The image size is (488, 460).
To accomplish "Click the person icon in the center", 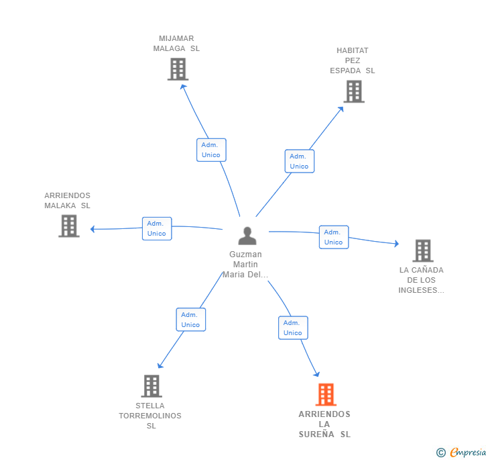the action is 247,236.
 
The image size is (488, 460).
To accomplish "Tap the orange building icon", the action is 326,394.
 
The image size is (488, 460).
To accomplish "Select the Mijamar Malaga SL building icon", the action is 178,69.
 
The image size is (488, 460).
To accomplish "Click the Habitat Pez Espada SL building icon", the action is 354,91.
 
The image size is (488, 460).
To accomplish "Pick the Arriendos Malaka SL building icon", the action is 69,226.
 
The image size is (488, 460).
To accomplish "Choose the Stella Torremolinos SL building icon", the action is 151,386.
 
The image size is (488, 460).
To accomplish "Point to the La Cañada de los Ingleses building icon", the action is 423,250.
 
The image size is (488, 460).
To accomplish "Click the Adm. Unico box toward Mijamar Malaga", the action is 211,150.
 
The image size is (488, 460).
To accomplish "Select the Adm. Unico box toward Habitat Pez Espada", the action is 300,161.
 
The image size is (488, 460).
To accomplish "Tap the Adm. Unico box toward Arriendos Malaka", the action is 157,228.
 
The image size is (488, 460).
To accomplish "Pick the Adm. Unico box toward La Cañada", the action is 334,237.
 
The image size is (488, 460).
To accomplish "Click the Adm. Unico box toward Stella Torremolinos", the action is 191,320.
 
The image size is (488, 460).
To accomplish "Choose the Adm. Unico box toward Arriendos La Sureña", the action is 293,328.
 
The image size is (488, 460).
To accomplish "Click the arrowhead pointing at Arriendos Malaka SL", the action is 92,229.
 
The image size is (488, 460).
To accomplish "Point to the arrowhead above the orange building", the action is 317,374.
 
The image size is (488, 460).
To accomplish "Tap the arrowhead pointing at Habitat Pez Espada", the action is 341,109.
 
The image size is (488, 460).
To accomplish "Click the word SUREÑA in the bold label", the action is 316,434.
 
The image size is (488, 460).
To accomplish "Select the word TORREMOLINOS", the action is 150,416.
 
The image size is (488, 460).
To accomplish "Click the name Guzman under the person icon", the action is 245,255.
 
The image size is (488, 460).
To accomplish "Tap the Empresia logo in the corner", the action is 462,452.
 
